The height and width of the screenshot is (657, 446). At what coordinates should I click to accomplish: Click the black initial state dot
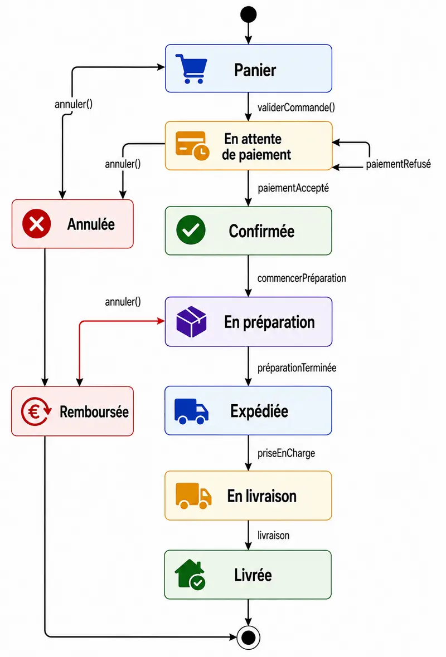pos(249,14)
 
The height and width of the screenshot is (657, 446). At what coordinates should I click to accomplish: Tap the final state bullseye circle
pos(249,638)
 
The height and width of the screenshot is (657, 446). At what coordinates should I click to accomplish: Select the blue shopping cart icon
pos(191,68)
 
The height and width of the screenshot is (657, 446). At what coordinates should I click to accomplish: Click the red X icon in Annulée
pos(36,224)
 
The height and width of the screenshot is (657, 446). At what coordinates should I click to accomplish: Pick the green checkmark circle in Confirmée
pos(191,230)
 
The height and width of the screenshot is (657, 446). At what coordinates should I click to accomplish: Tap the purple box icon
pos(191,321)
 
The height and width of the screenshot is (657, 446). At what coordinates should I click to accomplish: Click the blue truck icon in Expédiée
pos(191,411)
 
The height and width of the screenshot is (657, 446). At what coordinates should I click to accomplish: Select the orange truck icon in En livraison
pos(193,496)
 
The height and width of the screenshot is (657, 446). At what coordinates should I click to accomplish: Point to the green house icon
pos(190,575)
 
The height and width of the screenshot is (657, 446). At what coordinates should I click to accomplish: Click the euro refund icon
pos(36,411)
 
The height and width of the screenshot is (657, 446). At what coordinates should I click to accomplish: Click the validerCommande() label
pos(296,107)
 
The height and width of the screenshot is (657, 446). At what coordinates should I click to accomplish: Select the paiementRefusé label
pos(398,164)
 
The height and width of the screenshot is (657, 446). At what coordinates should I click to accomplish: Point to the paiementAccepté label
pos(293,188)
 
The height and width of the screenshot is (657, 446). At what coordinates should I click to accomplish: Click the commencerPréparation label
pos(302,278)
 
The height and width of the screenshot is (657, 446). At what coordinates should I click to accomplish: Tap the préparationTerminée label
pos(297,368)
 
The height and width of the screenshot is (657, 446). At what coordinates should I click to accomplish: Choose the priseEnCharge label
pos(286,453)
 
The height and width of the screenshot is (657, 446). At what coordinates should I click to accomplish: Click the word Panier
pos(255,70)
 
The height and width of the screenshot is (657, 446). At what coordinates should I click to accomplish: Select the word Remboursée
pos(94,411)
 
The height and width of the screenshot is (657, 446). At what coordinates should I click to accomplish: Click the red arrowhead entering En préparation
pos(161,321)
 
